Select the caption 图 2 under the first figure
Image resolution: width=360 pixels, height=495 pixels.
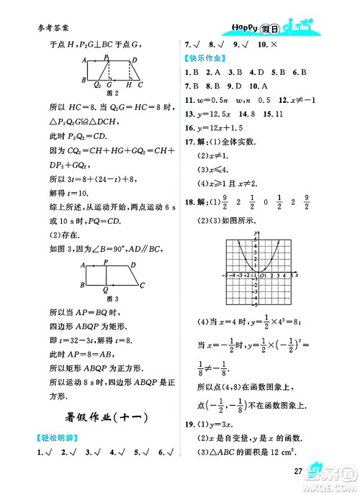pos(111,93)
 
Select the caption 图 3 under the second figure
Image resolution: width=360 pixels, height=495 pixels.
pos(111,298)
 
